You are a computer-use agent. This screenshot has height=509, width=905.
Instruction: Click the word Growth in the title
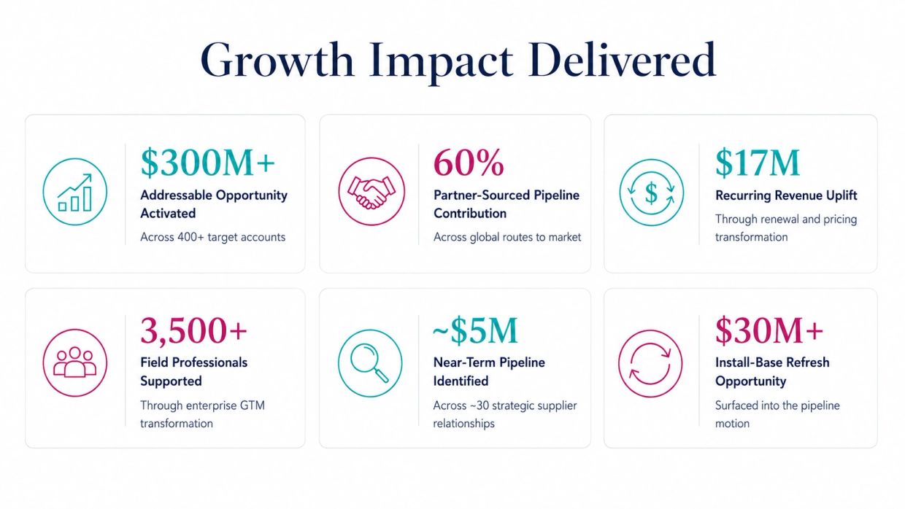point(277,60)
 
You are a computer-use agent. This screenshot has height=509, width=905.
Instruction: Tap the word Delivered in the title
point(622,60)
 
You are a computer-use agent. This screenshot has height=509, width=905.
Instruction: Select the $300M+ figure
point(208,163)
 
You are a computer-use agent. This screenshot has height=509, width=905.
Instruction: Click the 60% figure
point(469,163)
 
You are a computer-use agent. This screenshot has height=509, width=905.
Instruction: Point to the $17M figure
point(758,163)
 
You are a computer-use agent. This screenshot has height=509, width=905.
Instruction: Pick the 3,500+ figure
point(193,331)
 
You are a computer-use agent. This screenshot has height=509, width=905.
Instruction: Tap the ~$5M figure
point(475,330)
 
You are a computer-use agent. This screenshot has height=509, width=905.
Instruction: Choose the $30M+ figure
point(769,330)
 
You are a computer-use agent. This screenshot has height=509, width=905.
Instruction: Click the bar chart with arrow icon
point(75,193)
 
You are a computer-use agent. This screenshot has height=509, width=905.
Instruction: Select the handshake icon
point(371,192)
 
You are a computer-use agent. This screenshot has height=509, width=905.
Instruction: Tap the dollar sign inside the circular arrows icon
point(651,193)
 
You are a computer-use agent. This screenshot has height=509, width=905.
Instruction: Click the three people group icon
point(75,362)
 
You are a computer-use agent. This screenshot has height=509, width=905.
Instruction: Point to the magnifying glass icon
point(370,362)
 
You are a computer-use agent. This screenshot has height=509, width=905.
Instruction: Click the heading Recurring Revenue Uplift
point(786,195)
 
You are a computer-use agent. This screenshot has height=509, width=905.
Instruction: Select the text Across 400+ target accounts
point(213,237)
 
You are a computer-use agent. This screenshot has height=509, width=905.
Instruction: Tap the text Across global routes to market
point(507,237)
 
